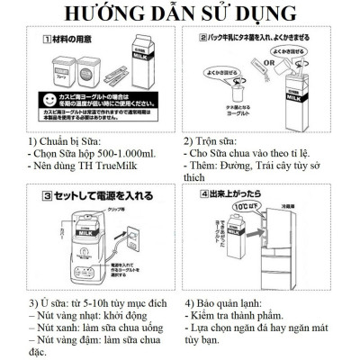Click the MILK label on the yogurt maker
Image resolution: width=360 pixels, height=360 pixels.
click(x=90, y=230)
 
